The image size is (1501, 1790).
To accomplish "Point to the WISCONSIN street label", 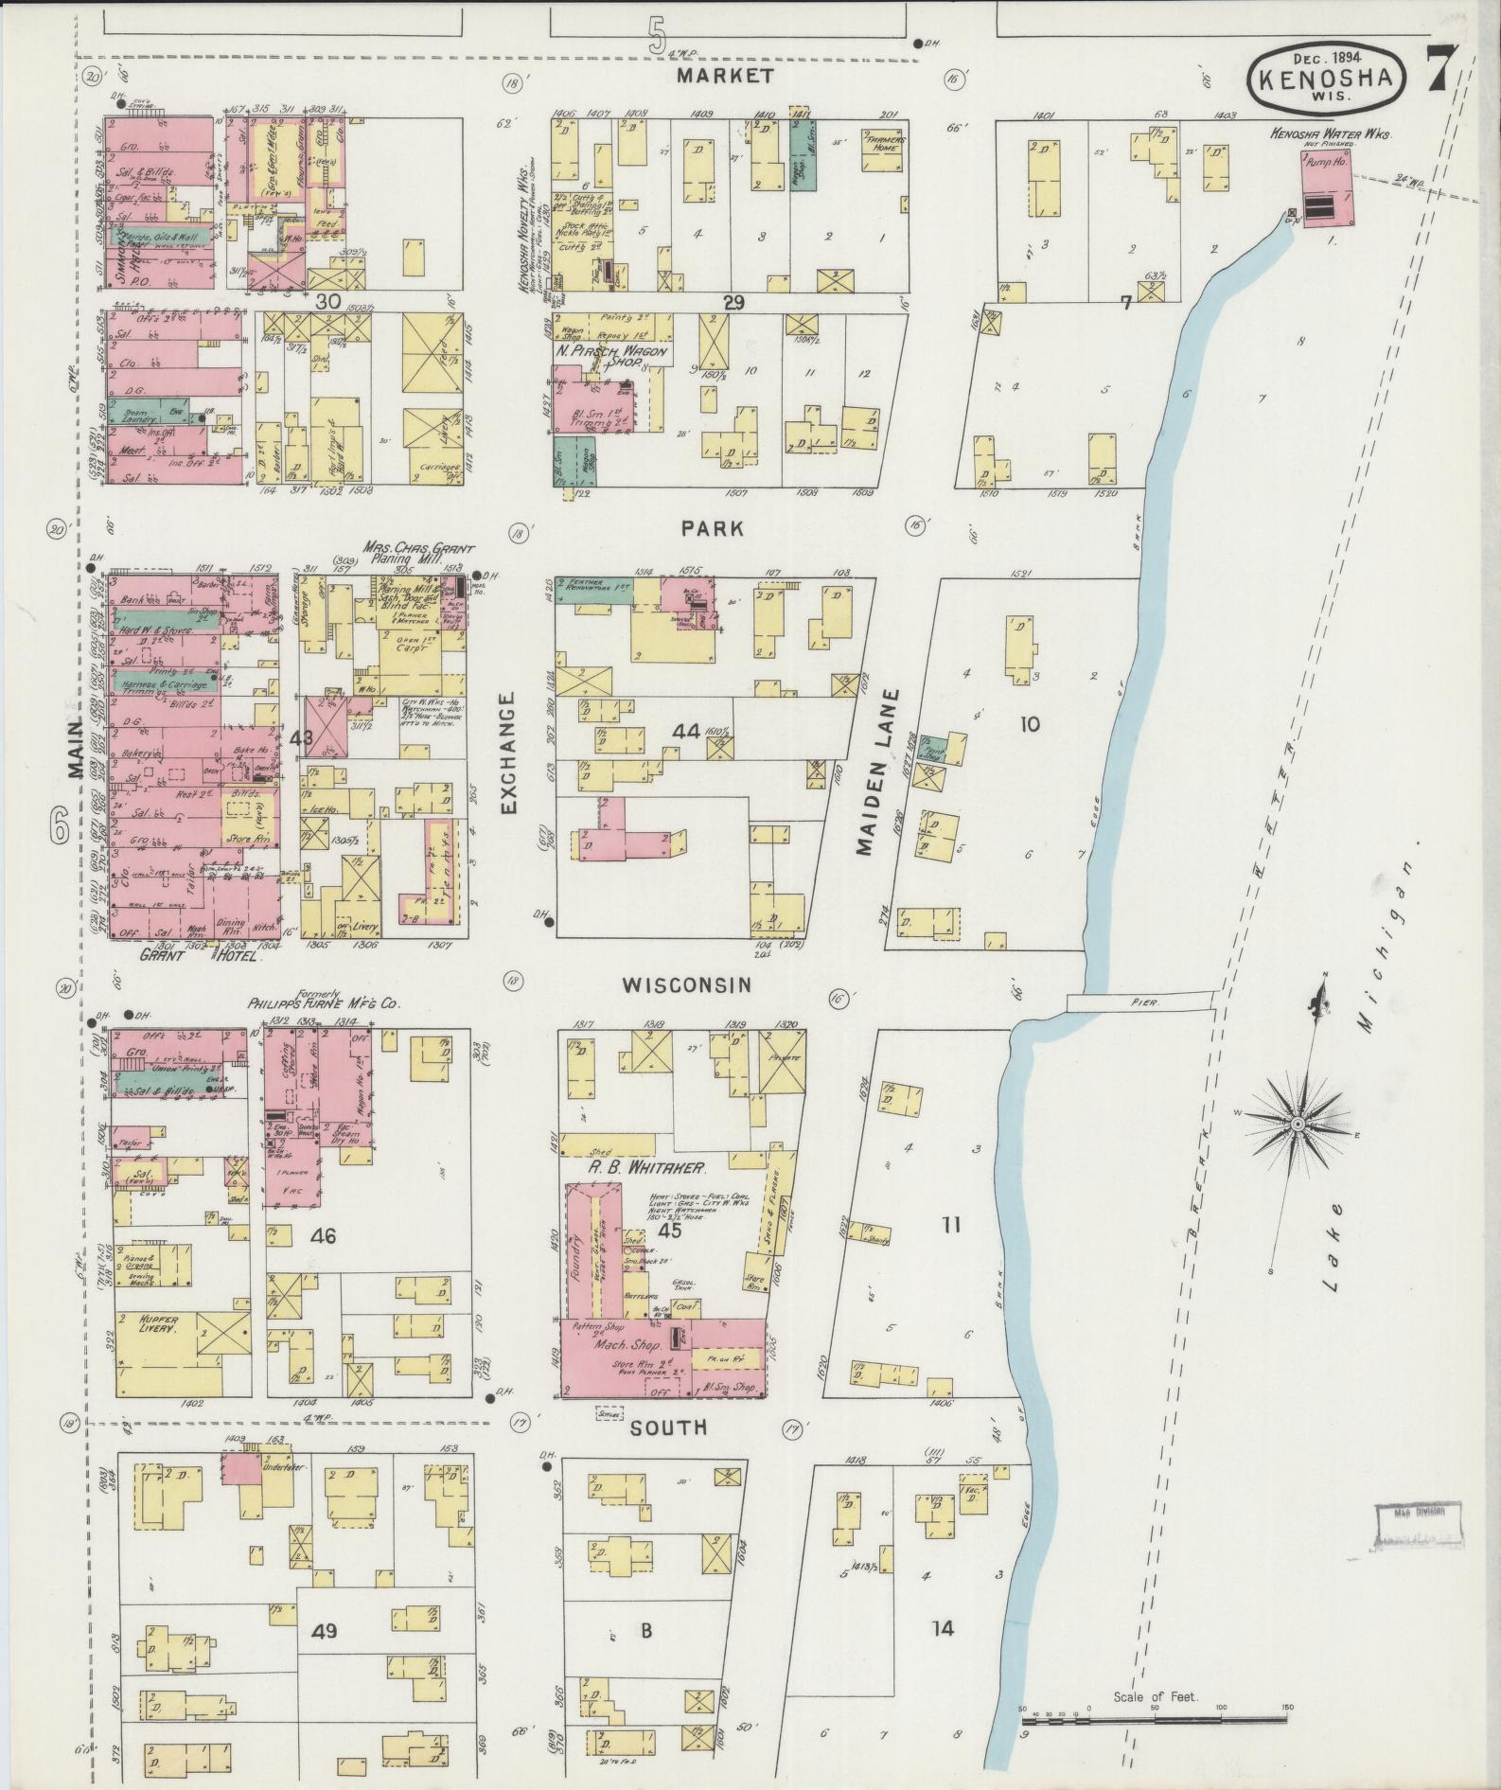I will pos(686,985).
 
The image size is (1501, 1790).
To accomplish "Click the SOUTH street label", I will pos(669,1427).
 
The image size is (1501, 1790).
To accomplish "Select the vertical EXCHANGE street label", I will pos(508,753).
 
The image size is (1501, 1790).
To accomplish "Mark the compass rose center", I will pos(1298,1124).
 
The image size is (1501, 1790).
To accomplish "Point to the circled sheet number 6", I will pos(60,828).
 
